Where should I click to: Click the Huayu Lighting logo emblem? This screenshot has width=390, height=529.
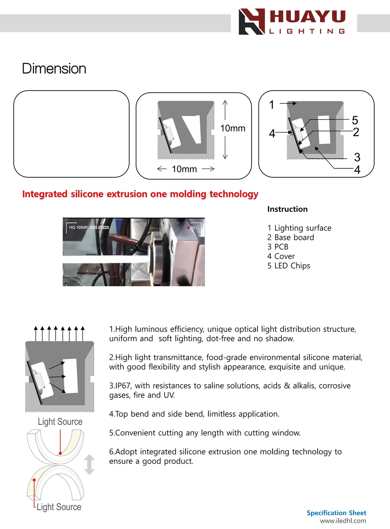(252, 22)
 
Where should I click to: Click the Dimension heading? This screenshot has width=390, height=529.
(54, 69)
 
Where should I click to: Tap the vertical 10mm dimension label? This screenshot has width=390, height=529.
(233, 128)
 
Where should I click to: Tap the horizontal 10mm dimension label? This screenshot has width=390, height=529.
(185, 169)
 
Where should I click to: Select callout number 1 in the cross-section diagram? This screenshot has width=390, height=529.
(272, 105)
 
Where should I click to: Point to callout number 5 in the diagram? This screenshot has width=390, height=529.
(355, 120)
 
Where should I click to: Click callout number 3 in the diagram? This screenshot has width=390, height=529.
(357, 157)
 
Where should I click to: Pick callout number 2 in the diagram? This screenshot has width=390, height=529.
(356, 132)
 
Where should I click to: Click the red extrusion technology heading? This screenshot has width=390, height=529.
(140, 194)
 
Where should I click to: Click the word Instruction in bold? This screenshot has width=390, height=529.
(287, 209)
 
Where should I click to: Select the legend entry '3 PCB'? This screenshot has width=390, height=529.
(278, 247)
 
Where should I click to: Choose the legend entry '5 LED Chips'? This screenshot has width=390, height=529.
(289, 266)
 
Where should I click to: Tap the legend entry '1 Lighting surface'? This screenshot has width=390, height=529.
(299, 228)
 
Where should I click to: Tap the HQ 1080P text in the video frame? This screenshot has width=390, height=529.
(78, 227)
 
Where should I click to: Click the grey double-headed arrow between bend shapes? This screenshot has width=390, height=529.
(89, 464)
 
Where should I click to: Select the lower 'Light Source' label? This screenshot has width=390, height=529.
(59, 507)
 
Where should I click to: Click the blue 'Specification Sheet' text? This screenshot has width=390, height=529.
(336, 513)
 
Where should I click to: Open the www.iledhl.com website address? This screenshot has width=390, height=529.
(343, 521)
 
